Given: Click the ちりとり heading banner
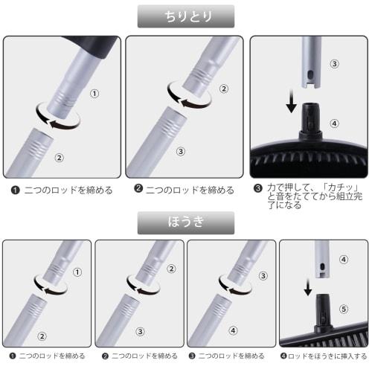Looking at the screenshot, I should (x=186, y=16).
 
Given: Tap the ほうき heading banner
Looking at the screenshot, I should (x=186, y=222).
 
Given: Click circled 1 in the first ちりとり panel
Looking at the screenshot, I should (x=94, y=93).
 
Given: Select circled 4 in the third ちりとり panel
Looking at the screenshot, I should (x=334, y=123).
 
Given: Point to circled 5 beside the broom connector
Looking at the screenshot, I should (x=343, y=307).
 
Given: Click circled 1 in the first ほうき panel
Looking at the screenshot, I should (x=76, y=272).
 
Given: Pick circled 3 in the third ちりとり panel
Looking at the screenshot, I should (x=334, y=64).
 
